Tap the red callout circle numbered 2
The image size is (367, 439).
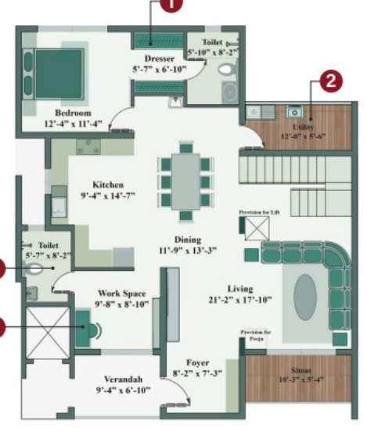330,81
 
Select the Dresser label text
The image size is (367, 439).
158,59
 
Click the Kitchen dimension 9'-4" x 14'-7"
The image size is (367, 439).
108,196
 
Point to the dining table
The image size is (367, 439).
185,181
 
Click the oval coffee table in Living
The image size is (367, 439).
306,297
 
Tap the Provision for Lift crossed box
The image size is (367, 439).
257,228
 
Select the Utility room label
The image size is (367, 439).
304,125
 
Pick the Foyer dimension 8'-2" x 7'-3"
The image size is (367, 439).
197,373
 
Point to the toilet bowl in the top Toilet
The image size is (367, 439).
227,69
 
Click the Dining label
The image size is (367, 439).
188,239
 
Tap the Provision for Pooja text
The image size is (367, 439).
255,335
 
